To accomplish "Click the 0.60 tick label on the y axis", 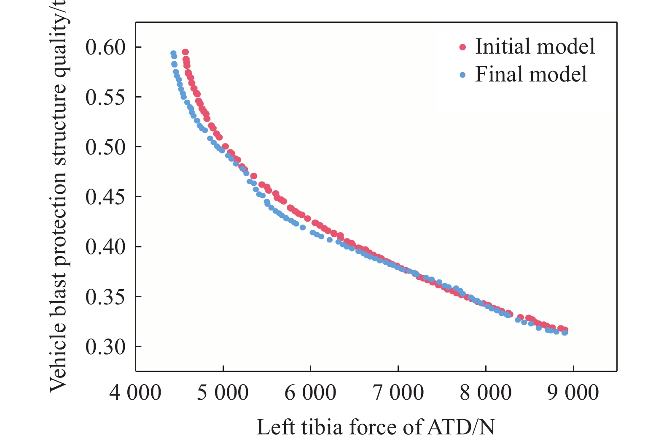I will coord(105,47).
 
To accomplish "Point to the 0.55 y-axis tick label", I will coord(105,97).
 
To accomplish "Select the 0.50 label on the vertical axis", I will coord(105,147).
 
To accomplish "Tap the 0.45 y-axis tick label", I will coord(105,197).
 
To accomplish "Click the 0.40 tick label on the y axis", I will coord(105,247).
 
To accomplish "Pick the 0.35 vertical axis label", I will coord(105,297).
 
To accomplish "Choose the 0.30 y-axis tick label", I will coord(105,347).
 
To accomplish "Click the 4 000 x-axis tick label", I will coord(135,393).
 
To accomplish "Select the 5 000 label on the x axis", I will coord(223,393).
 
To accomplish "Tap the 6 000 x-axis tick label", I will coord(310,393).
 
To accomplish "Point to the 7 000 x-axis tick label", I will coord(398,393).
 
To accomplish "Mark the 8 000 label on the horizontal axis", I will coord(486,393).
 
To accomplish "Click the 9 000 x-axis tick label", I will coord(573,393).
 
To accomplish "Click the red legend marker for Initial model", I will coord(462,47).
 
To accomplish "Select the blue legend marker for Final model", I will coord(462,75).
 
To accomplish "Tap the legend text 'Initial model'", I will coord(535,46).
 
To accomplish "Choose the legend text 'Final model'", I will coord(531,74).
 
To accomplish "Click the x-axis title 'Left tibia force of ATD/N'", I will coord(376,427).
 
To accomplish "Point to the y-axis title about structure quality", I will coord(58,197).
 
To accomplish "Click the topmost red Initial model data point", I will coord(185,52).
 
